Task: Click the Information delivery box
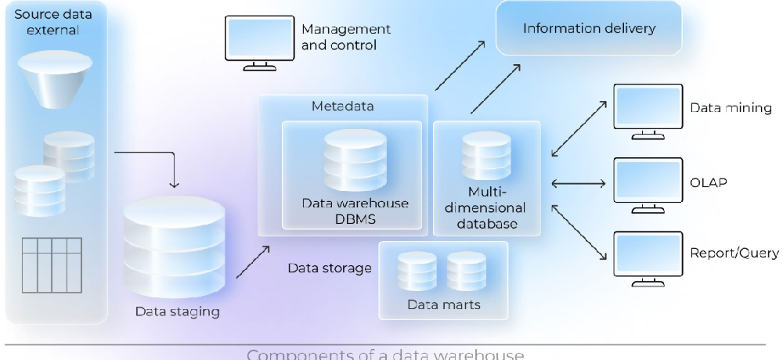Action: coord(589,29)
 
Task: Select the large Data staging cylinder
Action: coord(175,243)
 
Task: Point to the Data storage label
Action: coord(329,268)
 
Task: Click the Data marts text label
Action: coord(443,304)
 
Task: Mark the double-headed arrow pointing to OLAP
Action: coord(579,184)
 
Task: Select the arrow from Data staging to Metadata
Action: coord(252,261)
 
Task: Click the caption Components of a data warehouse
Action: coord(385,353)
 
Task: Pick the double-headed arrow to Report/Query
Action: coord(579,232)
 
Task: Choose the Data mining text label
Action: coord(730,108)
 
